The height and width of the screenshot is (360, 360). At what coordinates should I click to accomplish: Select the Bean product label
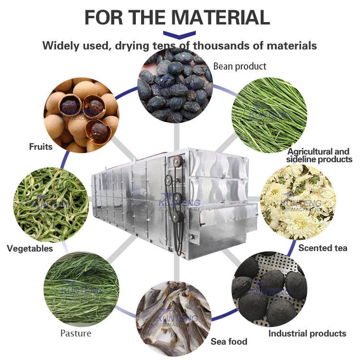tap(240, 66)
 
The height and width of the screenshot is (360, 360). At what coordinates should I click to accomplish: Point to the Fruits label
tap(40, 146)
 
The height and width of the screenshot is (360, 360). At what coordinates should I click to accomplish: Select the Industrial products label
tap(307, 333)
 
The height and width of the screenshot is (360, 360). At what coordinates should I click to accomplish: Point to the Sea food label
tap(229, 341)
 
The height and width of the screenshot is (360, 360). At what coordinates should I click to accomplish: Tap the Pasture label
tap(76, 333)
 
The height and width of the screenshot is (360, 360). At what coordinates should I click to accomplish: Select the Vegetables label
tap(30, 248)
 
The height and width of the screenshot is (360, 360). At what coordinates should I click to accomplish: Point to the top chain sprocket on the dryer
tap(177, 161)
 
